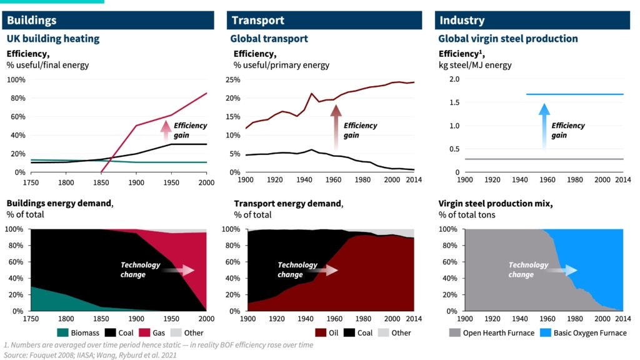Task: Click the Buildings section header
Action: click(31, 21)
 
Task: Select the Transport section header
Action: click(257, 21)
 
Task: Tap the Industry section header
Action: click(462, 21)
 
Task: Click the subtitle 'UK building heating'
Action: click(53, 39)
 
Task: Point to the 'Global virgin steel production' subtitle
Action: click(508, 39)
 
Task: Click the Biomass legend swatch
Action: click(63, 332)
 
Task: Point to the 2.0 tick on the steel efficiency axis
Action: click(454, 79)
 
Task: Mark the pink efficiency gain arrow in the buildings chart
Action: click(166, 129)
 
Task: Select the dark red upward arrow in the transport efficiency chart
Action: click(336, 127)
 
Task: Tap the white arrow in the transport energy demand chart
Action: click(327, 270)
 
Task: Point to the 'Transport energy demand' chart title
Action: click(288, 203)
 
